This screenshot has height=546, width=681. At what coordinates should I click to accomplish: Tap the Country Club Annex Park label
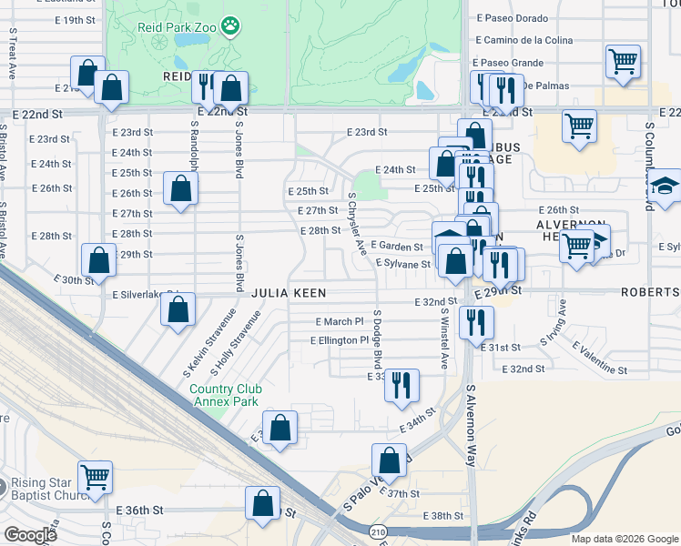(224, 396)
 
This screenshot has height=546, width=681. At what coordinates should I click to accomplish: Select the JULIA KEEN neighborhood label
(289, 293)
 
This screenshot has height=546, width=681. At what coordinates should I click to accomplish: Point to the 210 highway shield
(378, 531)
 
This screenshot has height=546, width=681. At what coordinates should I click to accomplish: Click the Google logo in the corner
(31, 535)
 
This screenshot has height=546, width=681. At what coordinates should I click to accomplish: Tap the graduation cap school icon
(666, 184)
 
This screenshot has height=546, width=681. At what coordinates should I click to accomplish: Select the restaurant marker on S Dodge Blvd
(401, 384)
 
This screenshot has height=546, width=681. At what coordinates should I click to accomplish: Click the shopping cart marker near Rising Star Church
(94, 476)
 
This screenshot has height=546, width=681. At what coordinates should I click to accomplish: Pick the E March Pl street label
(340, 321)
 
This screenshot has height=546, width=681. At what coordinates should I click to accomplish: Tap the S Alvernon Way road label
(472, 425)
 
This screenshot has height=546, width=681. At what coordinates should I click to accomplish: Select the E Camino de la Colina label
(524, 40)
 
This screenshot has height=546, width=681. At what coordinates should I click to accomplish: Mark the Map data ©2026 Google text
(624, 539)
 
